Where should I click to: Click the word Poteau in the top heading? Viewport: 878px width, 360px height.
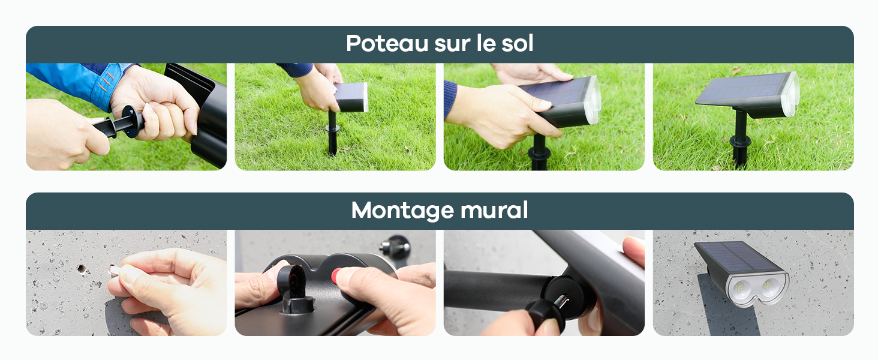click(387, 43)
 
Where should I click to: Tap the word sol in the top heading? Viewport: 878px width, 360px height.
click(518, 43)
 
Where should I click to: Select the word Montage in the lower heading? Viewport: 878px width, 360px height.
click(401, 211)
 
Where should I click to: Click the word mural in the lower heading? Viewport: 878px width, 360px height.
click(494, 210)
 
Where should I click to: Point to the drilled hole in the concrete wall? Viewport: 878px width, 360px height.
click(81, 269)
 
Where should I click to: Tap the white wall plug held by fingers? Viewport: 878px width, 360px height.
click(114, 270)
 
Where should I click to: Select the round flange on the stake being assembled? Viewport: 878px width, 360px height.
click(130, 121)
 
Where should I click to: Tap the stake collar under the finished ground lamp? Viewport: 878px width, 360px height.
click(740, 140)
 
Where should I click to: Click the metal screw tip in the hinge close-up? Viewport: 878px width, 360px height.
click(561, 302)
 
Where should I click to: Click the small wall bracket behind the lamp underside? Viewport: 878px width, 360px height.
click(395, 248)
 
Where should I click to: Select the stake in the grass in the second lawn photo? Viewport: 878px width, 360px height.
click(332, 133)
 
